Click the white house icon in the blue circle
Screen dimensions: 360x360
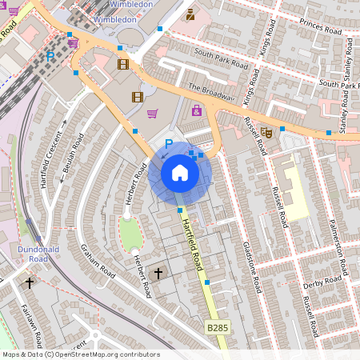pos(180,173)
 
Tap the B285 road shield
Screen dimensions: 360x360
pos(218,328)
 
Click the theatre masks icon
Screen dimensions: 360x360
pos(267,131)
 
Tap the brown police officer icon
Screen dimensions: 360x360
pos(190,14)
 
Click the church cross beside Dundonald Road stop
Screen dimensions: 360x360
pos(30,282)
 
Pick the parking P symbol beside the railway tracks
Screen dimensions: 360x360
pos(50,57)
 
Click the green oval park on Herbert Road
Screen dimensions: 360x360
pos(130,233)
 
